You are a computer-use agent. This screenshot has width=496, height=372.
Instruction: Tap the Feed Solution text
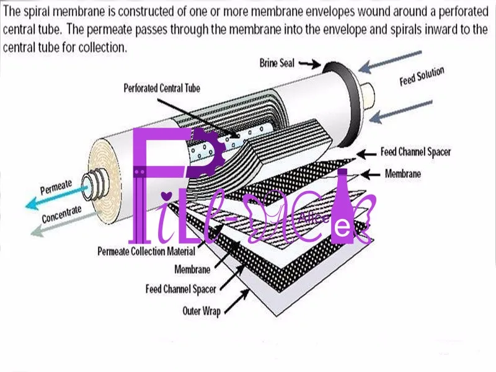pyautogui.click(x=422, y=77)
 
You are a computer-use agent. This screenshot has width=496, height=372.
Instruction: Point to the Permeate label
pyautogui.click(x=56, y=185)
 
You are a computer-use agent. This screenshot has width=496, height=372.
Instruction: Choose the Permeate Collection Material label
pyautogui.click(x=146, y=251)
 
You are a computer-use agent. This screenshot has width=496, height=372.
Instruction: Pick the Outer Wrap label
pyautogui.click(x=201, y=311)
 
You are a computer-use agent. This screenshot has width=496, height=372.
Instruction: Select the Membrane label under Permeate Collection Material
pyautogui.click(x=192, y=270)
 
